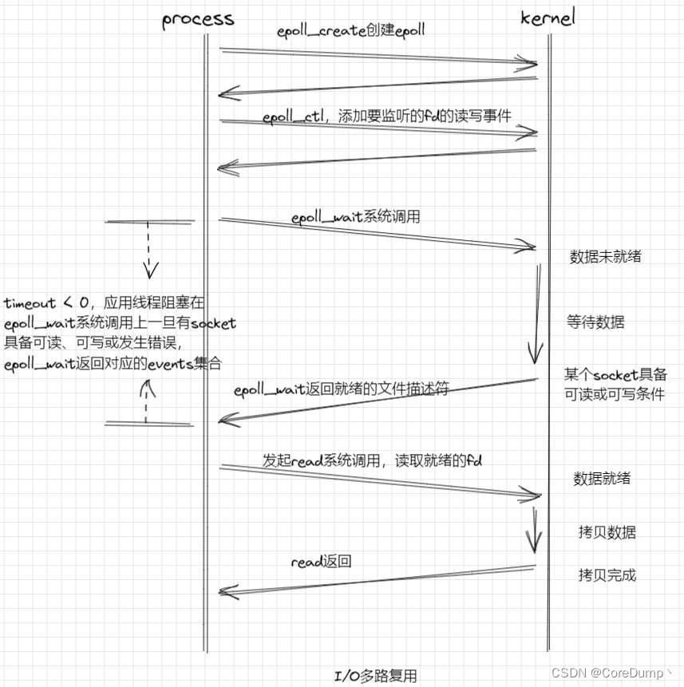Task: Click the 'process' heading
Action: [198, 19]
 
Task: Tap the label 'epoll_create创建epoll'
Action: [350, 31]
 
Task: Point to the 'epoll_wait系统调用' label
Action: [355, 216]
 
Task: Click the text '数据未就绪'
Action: [605, 257]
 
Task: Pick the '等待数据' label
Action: [595, 322]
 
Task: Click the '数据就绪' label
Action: [602, 479]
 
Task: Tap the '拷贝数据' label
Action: [607, 533]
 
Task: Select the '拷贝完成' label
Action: [607, 574]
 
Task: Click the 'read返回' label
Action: [321, 562]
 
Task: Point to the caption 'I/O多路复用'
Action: [375, 675]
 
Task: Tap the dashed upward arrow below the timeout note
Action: [147, 400]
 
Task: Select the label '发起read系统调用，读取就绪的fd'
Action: [373, 460]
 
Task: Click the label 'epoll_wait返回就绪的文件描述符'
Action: [342, 390]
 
